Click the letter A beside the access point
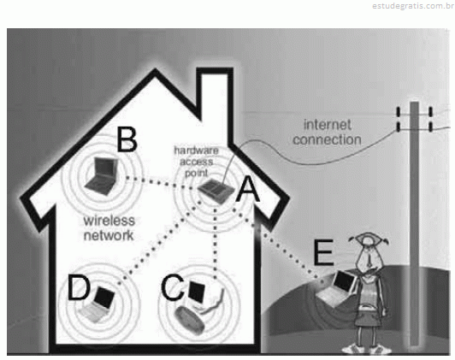click(x=247, y=189)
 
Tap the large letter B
click(x=127, y=139)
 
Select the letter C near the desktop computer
click(x=173, y=287)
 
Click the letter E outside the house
click(x=323, y=252)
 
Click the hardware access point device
click(x=216, y=192)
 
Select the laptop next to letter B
click(x=102, y=176)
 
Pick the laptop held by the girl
click(x=338, y=289)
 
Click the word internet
click(x=328, y=125)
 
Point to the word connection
click(x=327, y=140)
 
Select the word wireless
click(x=109, y=221)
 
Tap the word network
click(x=109, y=235)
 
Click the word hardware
click(x=196, y=150)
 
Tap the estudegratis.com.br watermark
click(x=413, y=6)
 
